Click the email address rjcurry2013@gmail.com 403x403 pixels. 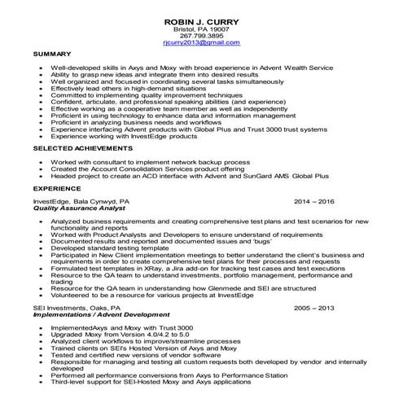[x=201, y=42]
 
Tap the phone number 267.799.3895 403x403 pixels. [x=201, y=35]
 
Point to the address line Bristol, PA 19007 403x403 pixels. [x=201, y=28]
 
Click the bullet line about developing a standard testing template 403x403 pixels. [x=112, y=247]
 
